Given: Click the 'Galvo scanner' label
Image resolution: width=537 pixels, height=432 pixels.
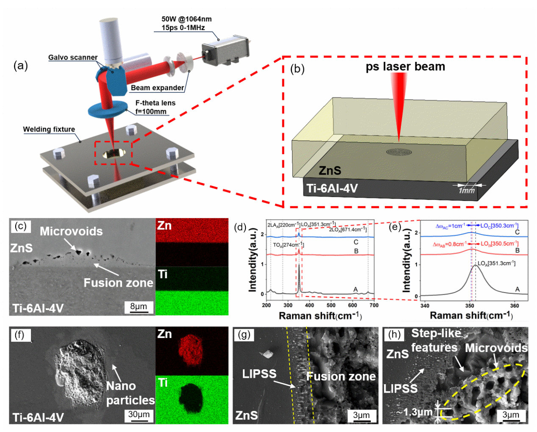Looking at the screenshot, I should click(x=72, y=57).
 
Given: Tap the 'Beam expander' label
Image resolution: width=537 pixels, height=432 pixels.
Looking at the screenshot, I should click(x=157, y=88).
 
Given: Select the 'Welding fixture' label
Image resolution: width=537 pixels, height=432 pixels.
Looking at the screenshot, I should click(x=49, y=129).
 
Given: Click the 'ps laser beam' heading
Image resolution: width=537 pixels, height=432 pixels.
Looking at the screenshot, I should click(x=405, y=66).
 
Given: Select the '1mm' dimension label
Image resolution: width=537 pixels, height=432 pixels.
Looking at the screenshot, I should click(x=467, y=191).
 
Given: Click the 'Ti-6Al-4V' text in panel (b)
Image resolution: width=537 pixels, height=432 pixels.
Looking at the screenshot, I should click(x=332, y=188).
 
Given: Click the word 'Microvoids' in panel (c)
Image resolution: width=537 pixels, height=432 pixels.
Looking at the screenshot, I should click(x=71, y=231).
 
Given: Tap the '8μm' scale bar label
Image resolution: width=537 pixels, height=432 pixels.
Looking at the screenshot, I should click(x=139, y=306).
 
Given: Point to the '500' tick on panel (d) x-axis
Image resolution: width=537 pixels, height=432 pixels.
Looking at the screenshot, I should click(x=331, y=305).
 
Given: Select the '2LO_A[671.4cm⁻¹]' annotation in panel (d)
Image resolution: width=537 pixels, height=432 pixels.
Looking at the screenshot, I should click(x=348, y=229).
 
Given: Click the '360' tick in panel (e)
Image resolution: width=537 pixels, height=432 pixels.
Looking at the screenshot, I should click(x=514, y=305).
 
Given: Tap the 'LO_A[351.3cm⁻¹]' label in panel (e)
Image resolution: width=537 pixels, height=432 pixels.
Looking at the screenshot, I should click(x=496, y=263).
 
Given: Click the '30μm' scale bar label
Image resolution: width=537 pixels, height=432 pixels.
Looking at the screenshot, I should click(x=139, y=414).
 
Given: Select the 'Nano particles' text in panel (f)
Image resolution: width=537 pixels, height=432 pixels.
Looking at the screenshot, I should click(x=130, y=393).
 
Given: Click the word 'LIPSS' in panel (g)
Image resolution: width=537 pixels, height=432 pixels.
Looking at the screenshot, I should click(x=259, y=374).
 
